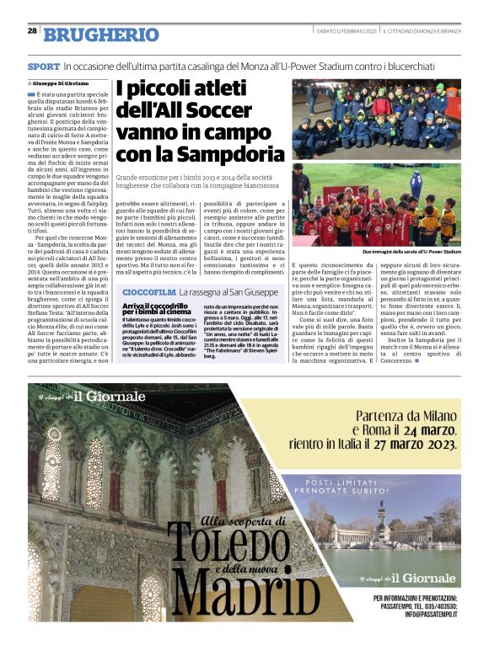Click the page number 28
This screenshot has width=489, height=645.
point(31,31)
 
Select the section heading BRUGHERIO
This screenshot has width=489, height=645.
point(100,35)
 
